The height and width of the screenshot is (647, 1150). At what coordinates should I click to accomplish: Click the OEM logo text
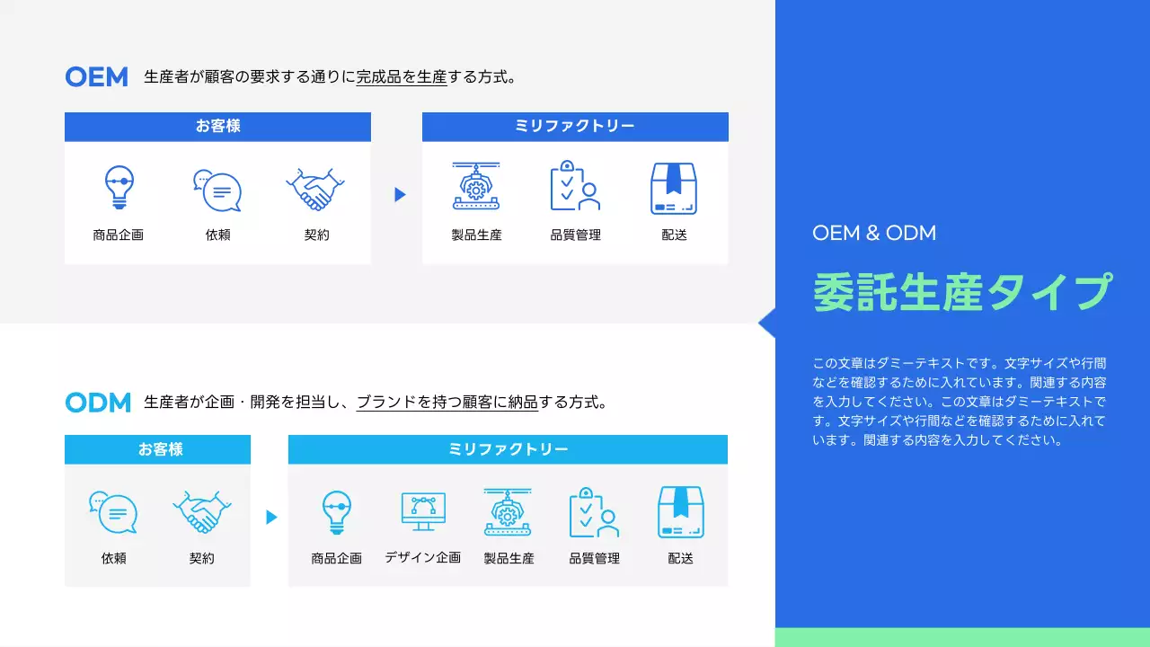[96, 77]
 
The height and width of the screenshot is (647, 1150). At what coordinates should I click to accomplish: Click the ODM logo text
[98, 403]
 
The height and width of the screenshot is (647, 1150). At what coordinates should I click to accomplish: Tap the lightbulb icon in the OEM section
[119, 188]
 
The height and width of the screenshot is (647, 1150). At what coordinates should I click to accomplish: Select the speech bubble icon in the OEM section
[217, 191]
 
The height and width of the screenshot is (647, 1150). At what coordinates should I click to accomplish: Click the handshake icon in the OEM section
[315, 189]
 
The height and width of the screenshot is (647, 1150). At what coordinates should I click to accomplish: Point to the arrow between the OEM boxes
[400, 194]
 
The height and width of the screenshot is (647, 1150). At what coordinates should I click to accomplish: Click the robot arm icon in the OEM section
[476, 187]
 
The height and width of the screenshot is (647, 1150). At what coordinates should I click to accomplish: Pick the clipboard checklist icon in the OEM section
[575, 186]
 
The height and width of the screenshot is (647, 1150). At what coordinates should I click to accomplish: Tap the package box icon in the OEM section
[674, 189]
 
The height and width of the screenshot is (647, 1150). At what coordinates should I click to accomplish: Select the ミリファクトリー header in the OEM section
[575, 127]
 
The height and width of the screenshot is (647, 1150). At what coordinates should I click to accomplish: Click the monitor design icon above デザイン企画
[423, 511]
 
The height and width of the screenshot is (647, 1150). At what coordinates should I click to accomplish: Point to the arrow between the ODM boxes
[271, 517]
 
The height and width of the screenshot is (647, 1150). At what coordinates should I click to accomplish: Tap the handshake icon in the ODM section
[201, 512]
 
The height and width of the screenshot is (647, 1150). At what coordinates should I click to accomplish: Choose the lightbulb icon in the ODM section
[336, 512]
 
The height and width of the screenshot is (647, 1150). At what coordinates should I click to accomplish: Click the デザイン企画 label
[423, 558]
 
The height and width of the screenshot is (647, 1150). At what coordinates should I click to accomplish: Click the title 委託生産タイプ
[962, 292]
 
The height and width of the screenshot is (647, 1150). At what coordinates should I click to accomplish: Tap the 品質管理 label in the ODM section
[594, 559]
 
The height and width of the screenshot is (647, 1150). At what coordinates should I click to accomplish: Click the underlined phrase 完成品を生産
[402, 77]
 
